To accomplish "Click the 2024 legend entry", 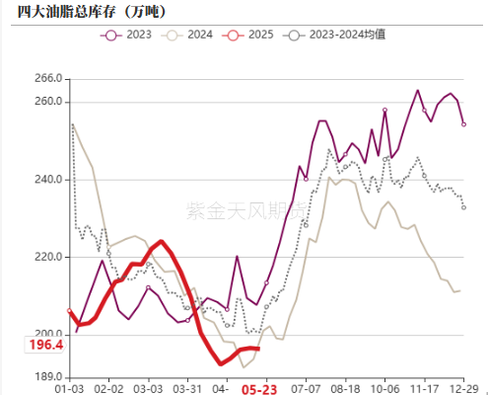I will [191, 36].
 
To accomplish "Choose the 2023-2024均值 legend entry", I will [336, 36].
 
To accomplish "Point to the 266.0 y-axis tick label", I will [48, 78].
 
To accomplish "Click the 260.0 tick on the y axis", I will [48, 102].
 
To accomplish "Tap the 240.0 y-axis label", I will [48, 179].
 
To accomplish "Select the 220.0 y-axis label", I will [48, 257].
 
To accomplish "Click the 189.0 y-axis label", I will [48, 376].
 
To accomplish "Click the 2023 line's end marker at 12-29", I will [463, 124].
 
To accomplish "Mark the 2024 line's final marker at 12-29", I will [458, 290].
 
